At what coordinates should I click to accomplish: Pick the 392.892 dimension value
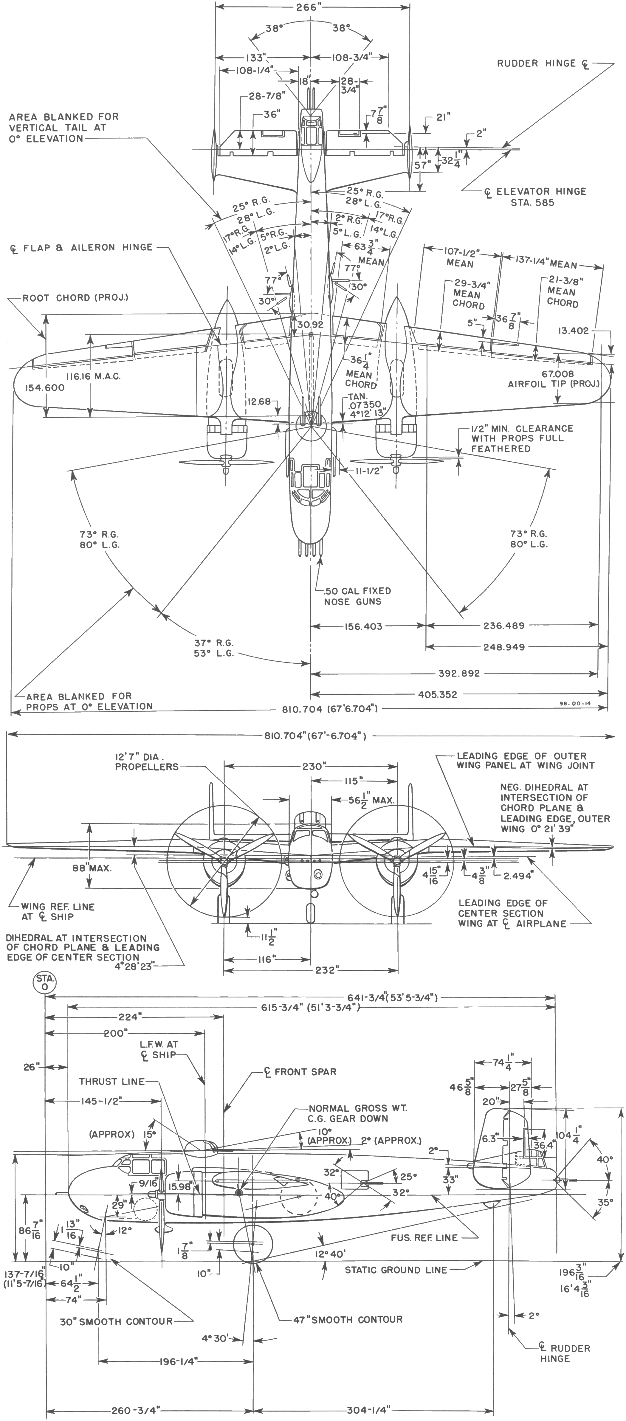(459, 674)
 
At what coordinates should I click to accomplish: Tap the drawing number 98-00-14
(571, 704)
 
